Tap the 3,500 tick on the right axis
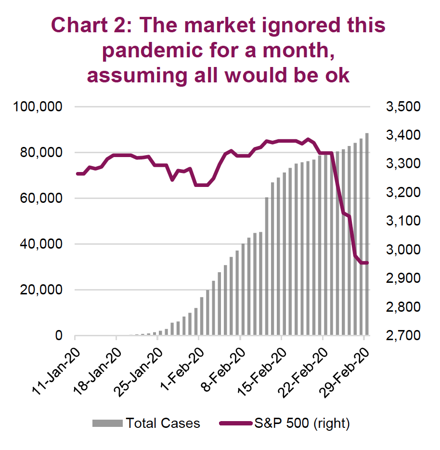[403, 106]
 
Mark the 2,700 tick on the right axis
[403, 336]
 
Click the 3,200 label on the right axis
[403, 193]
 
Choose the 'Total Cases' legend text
[163, 424]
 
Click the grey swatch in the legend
[108, 424]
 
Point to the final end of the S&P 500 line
[367, 263]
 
